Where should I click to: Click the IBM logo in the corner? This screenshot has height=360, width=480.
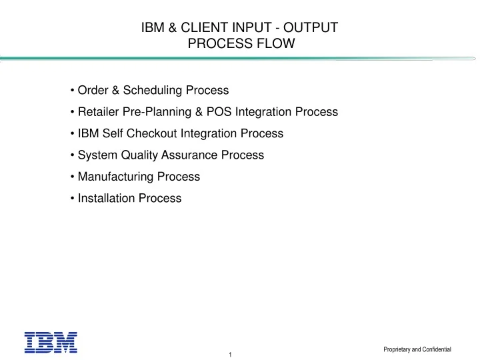click(51, 342)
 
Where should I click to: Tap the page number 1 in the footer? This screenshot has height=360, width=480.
click(229, 354)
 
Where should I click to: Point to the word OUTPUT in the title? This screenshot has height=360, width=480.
click(313, 28)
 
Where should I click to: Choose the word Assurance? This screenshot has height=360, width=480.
click(190, 155)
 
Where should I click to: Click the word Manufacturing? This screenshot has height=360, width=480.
click(115, 177)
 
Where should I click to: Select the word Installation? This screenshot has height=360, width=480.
click(106, 198)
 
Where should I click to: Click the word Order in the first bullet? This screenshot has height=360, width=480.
click(92, 90)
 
